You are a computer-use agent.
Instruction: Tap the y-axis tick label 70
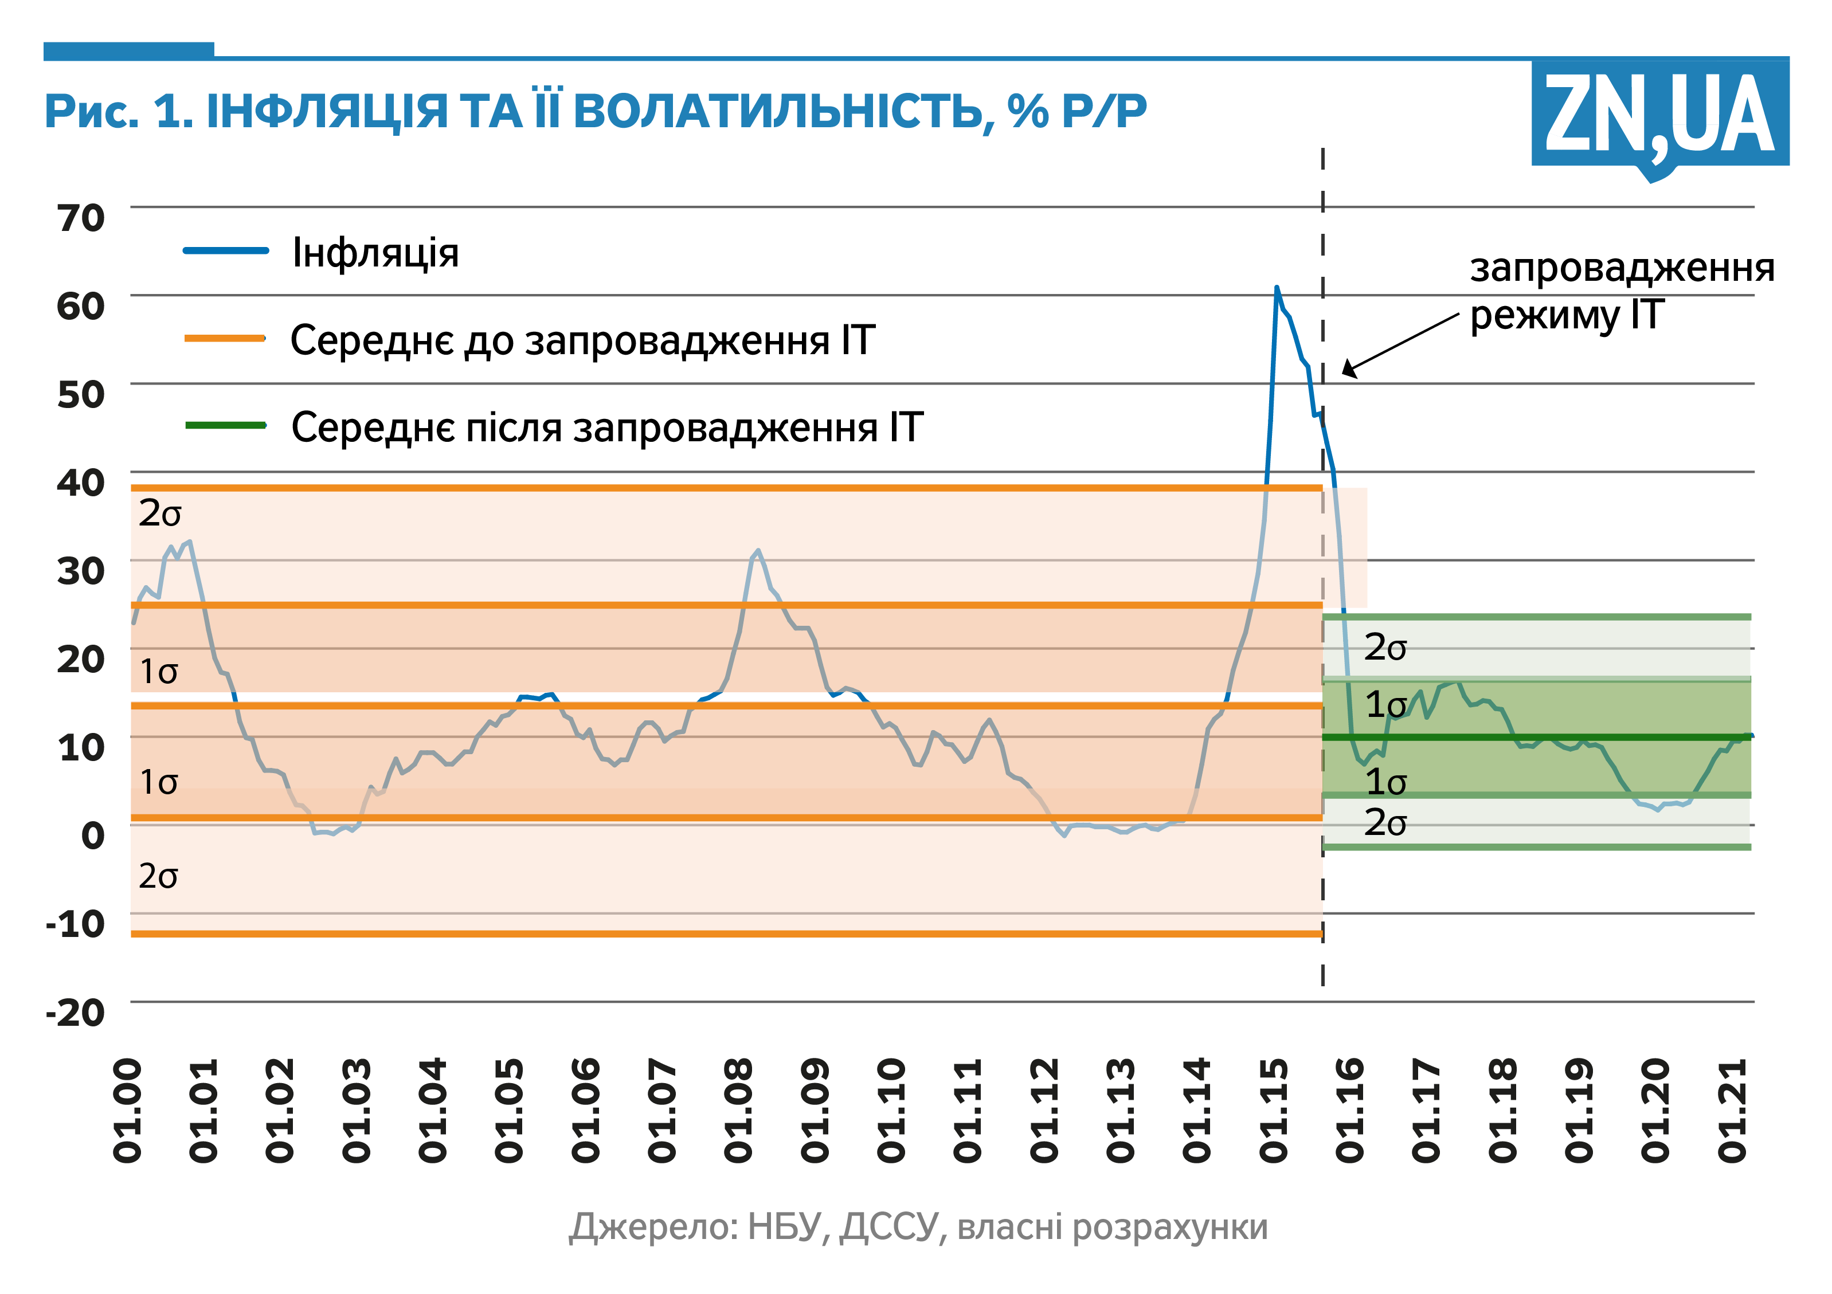pos(81,218)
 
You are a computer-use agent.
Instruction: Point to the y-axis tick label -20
pos(76,1013)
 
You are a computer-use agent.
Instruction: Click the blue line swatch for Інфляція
pos(226,250)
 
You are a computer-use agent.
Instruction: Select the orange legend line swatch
pos(225,338)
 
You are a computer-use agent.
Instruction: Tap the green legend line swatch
pos(226,425)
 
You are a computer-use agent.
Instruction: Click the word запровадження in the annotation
pos(1622,268)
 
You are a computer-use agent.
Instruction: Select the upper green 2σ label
pos(1385,647)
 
